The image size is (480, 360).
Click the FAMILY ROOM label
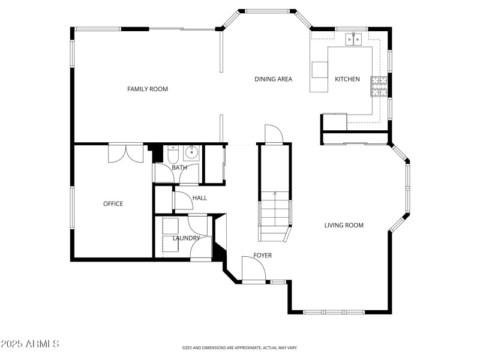(147, 89)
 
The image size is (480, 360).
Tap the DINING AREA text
(273, 79)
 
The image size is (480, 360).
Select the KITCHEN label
(347, 79)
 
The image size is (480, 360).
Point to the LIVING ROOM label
(344, 226)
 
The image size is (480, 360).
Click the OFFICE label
(113, 204)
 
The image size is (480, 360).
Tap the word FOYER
(262, 256)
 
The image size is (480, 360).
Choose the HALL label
(199, 198)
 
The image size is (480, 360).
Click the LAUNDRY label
(186, 238)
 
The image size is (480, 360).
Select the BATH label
(179, 167)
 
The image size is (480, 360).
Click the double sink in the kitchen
(353, 40)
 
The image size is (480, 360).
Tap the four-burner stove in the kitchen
(379, 86)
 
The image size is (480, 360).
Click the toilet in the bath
(171, 157)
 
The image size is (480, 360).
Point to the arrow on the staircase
(275, 194)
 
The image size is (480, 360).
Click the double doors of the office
(125, 153)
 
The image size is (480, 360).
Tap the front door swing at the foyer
(253, 268)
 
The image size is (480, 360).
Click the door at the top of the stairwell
(273, 134)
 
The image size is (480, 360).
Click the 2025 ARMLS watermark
(30, 344)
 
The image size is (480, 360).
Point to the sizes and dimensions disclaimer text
(240, 347)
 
